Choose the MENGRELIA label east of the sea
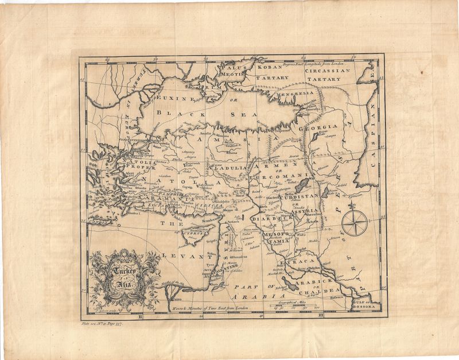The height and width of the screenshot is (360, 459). pyautogui.click(x=295, y=92)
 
